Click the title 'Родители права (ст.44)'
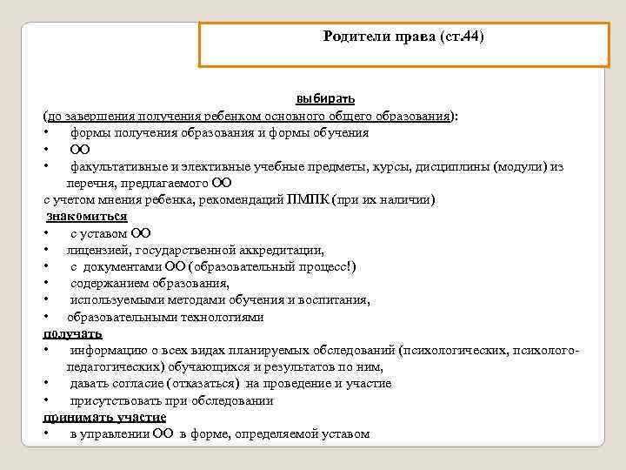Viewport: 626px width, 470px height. pyautogui.click(x=403, y=37)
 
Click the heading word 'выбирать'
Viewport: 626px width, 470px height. pyautogui.click(x=325, y=98)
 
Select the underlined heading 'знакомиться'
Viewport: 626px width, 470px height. pyautogui.click(x=86, y=216)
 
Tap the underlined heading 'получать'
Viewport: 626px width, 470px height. pyautogui.click(x=73, y=333)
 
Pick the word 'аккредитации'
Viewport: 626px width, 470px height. pyautogui.click(x=283, y=250)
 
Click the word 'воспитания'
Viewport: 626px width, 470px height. pyautogui.click(x=336, y=300)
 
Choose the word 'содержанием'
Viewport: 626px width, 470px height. pyautogui.click(x=112, y=283)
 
